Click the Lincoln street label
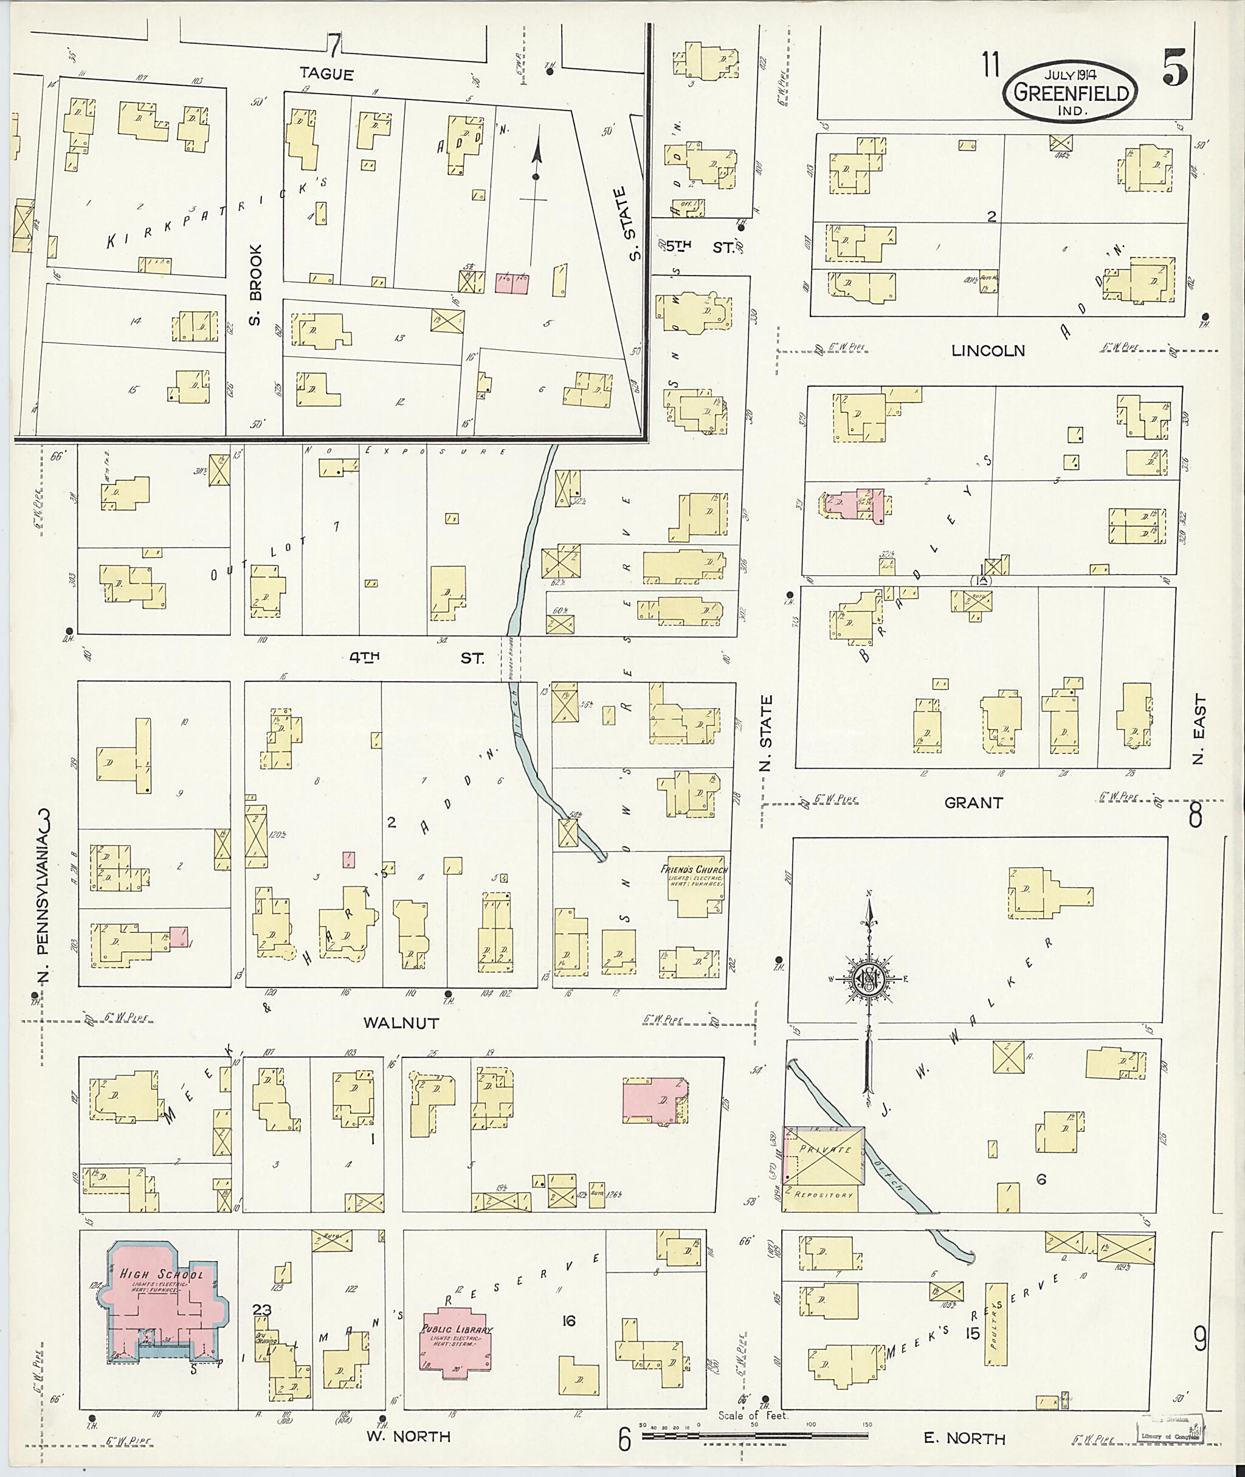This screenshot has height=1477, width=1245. tap(987, 351)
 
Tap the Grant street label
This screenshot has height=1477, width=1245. tap(973, 803)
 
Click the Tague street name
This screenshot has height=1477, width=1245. tap(326, 73)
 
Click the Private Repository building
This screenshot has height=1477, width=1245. tap(825, 1163)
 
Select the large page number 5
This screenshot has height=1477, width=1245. tap(1176, 67)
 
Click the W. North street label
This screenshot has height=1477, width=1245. tap(407, 1436)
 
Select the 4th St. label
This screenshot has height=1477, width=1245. tap(416, 657)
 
